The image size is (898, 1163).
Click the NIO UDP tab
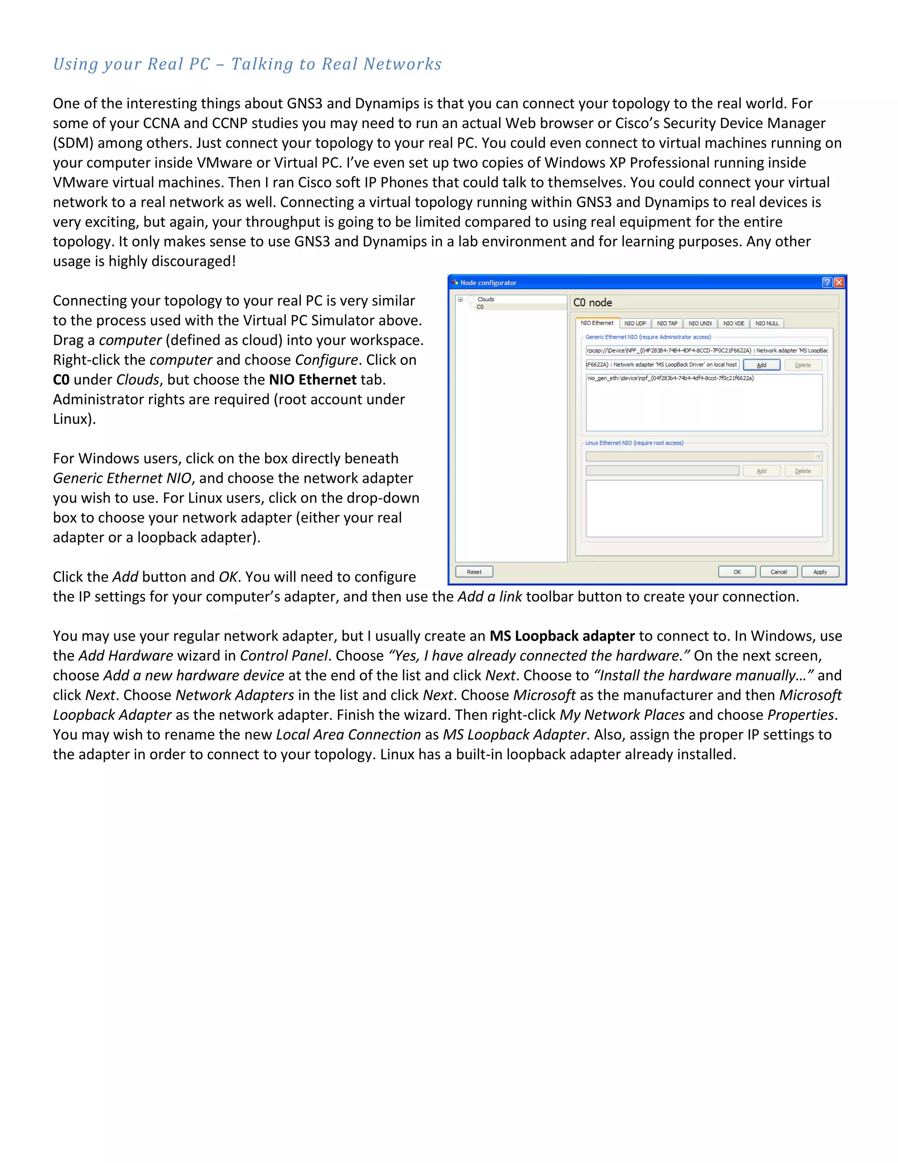coord(634,323)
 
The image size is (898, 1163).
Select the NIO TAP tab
coord(666,323)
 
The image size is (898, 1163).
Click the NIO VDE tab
coord(733,323)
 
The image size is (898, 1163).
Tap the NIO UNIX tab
coord(700,323)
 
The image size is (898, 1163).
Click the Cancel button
coord(778,572)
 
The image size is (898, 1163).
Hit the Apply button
coord(820,572)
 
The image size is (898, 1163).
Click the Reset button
coord(474,572)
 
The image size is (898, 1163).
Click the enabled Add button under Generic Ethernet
coord(761,365)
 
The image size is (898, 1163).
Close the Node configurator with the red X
coord(839,282)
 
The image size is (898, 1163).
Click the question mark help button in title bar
coord(827,282)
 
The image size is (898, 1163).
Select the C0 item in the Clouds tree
coord(481,307)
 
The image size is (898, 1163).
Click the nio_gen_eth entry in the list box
coord(670,378)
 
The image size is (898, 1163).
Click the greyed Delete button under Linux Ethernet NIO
coord(803,471)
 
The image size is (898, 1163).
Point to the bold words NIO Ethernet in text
coord(312,380)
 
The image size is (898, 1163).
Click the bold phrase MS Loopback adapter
coord(562,636)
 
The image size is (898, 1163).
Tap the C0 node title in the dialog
coord(593,302)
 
